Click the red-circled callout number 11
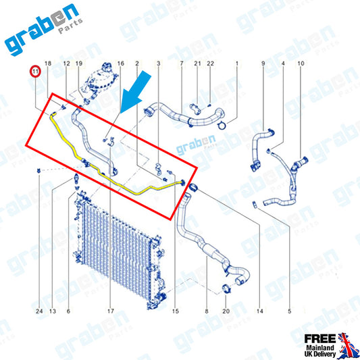coord(35,72)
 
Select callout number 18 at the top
coord(48,63)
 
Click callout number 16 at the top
coord(121,63)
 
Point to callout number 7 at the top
coord(182,63)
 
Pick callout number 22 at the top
coord(210,63)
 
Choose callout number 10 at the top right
coord(301,63)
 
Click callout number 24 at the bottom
coord(39,311)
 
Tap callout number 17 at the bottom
coord(111,311)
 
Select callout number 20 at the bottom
coord(226,311)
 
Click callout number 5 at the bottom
coord(290,311)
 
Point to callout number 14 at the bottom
coord(259,311)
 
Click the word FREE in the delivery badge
coord(320,338)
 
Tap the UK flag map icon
coord(347,345)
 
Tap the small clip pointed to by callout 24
coord(38,171)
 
